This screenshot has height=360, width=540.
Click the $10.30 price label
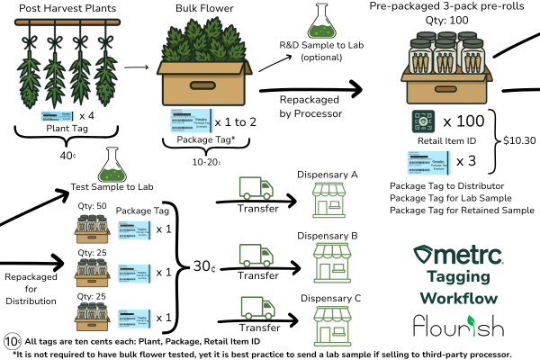tap(519, 140)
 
